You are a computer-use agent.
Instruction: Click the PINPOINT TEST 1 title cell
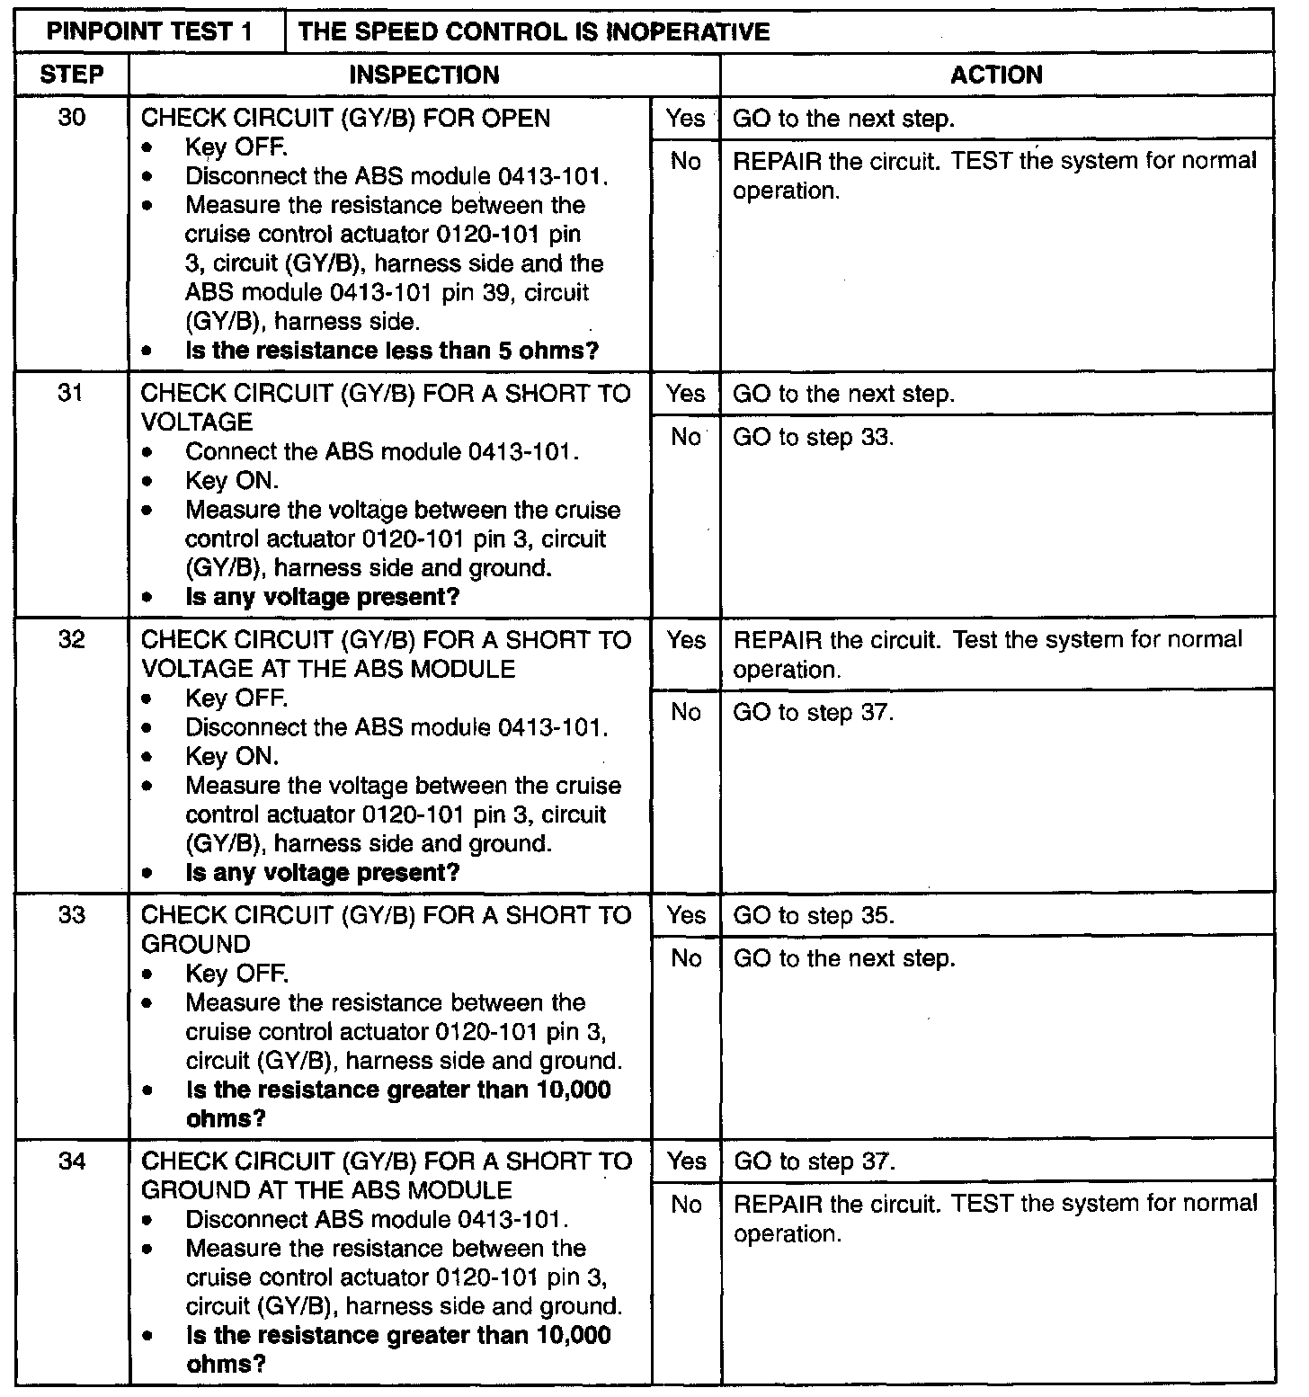149,31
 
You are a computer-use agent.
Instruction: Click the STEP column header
72,75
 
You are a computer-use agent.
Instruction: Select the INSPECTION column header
423,75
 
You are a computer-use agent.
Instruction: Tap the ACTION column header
996,75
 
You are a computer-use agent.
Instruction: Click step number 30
72,118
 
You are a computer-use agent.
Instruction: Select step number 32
72,640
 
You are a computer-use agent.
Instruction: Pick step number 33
72,915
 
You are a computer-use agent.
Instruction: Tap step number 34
72,1161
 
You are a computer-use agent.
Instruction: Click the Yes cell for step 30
685,118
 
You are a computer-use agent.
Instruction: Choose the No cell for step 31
685,437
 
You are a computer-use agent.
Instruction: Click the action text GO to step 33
814,437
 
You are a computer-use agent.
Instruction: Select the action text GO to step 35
814,915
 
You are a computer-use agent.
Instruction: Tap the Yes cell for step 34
685,1161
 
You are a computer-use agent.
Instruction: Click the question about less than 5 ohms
392,351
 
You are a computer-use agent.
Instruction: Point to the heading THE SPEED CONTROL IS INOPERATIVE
533,31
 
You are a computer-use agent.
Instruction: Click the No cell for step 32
685,712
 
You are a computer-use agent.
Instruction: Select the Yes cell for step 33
685,915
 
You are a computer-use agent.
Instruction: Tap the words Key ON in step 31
232,481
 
